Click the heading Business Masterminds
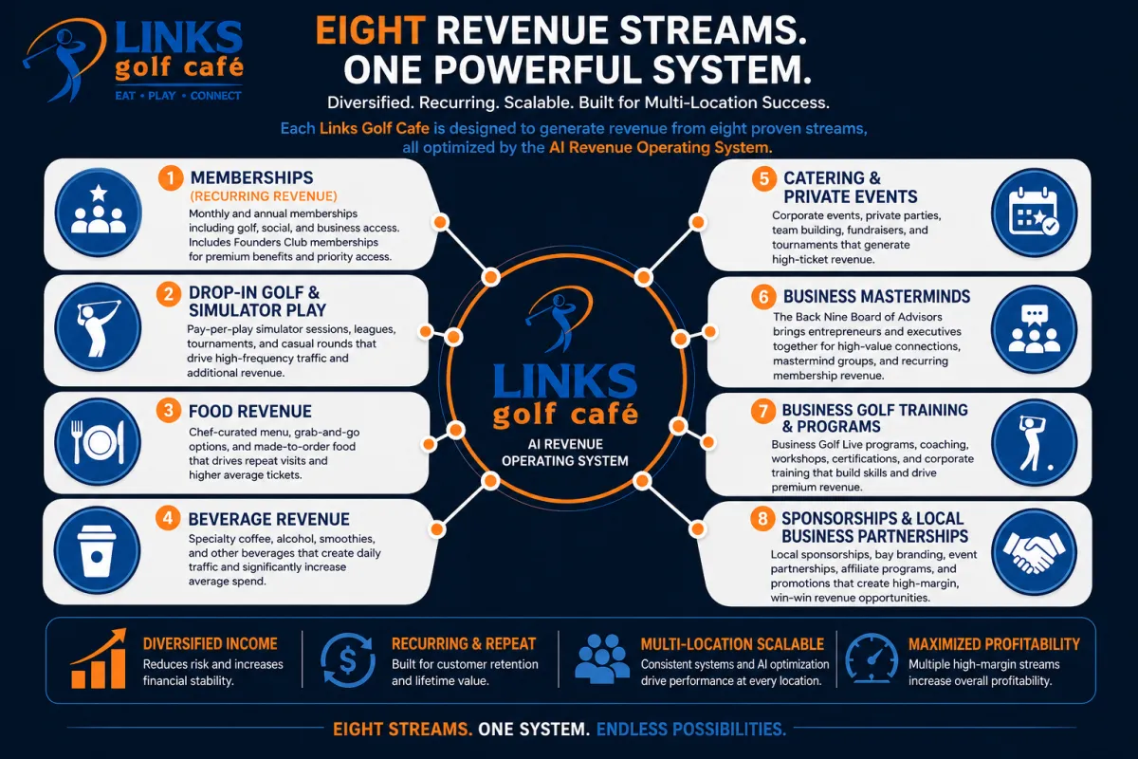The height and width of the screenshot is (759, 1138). click(876, 297)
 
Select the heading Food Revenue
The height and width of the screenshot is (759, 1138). click(250, 411)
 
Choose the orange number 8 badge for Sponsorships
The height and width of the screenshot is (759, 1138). click(762, 520)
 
